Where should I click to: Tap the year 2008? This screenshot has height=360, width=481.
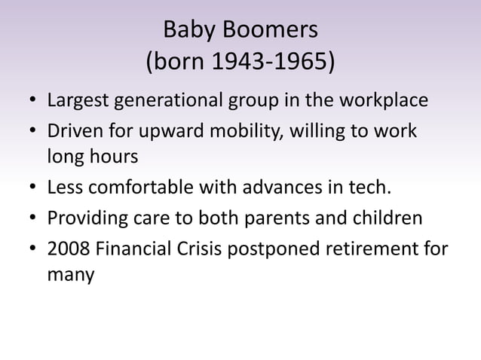[67, 248]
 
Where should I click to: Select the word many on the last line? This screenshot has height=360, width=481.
[71, 276]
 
